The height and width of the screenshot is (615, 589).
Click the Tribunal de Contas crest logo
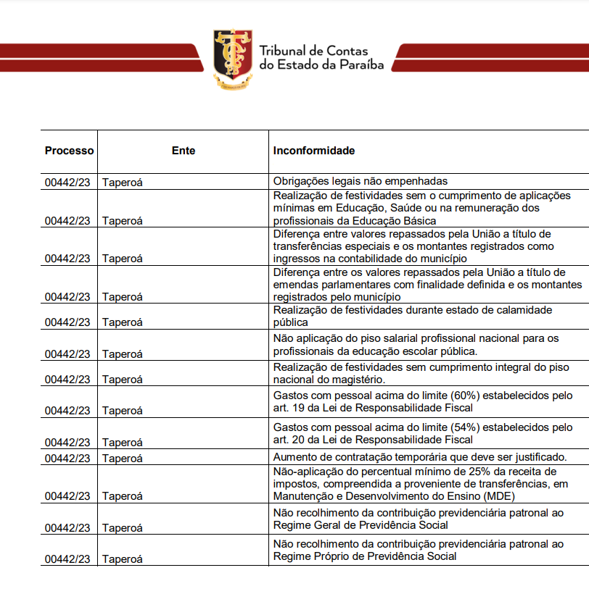pos(232,59)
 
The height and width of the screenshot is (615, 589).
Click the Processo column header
pos(69,151)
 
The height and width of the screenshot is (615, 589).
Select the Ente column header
pos(184,151)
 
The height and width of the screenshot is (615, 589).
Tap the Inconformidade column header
pos(314,151)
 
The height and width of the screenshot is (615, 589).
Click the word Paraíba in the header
pos(360,64)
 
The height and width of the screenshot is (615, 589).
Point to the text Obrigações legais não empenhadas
pos(361,181)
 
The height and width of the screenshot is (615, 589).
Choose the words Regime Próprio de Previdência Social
pos(365,556)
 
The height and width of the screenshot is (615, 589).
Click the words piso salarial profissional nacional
pos(419,338)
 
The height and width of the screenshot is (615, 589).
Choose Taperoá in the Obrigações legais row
pos(123,183)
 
